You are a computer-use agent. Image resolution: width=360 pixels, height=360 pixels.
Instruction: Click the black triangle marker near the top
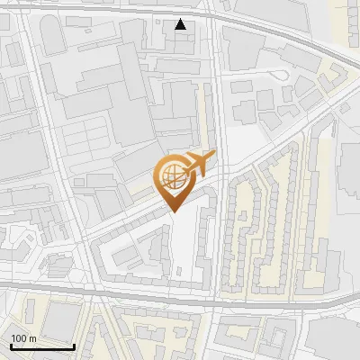(181, 24)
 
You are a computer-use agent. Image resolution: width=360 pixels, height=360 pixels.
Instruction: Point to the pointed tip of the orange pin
(171, 211)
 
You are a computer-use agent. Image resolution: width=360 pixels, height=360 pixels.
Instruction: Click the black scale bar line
(41, 346)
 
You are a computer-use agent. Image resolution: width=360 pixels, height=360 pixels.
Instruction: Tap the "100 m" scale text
(23, 338)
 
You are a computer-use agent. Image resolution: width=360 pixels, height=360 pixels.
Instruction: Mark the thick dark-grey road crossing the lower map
(180, 290)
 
